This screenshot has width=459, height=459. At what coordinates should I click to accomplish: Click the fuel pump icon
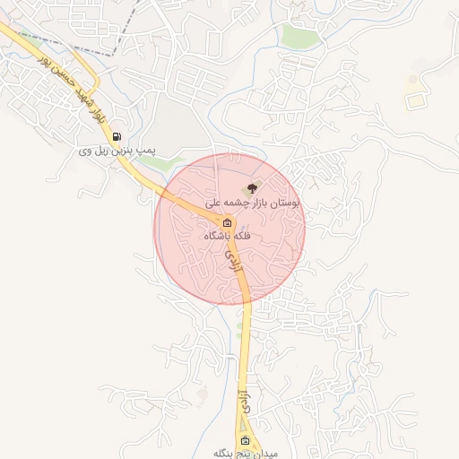point(117,137)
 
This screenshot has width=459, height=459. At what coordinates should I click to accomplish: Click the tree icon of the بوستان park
point(252,188)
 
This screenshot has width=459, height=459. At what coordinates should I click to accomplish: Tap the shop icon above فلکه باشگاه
point(227,222)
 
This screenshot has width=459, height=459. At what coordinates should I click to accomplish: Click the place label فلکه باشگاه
point(229,236)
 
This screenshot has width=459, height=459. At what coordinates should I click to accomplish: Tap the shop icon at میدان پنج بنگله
point(246,441)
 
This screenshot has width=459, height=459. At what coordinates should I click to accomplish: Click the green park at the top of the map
point(300,36)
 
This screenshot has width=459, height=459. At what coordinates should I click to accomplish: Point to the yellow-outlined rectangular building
point(413,100)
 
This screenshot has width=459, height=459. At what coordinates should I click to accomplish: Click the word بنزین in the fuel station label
point(130,151)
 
